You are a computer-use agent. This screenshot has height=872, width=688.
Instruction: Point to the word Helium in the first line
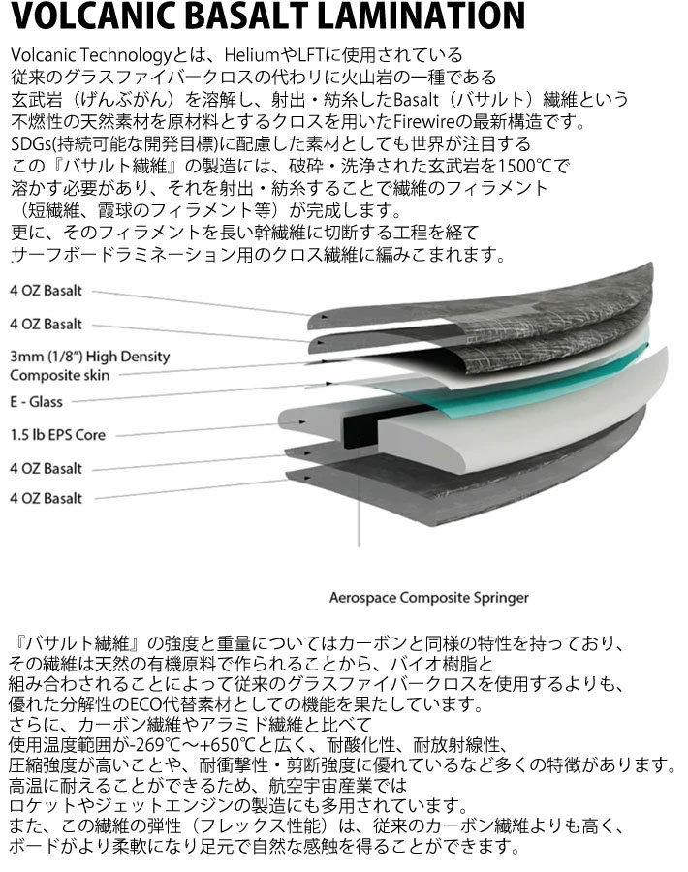coord(247,55)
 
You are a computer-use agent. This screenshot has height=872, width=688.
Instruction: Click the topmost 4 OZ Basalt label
coord(46,291)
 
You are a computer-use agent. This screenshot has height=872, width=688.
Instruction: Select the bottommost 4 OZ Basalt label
coord(46,499)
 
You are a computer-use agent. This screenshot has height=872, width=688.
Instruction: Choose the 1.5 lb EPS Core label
coord(57,435)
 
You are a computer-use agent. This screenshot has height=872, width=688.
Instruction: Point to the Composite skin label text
coord(59,375)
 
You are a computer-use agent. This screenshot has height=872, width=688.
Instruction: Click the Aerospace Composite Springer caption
coord(429,598)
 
